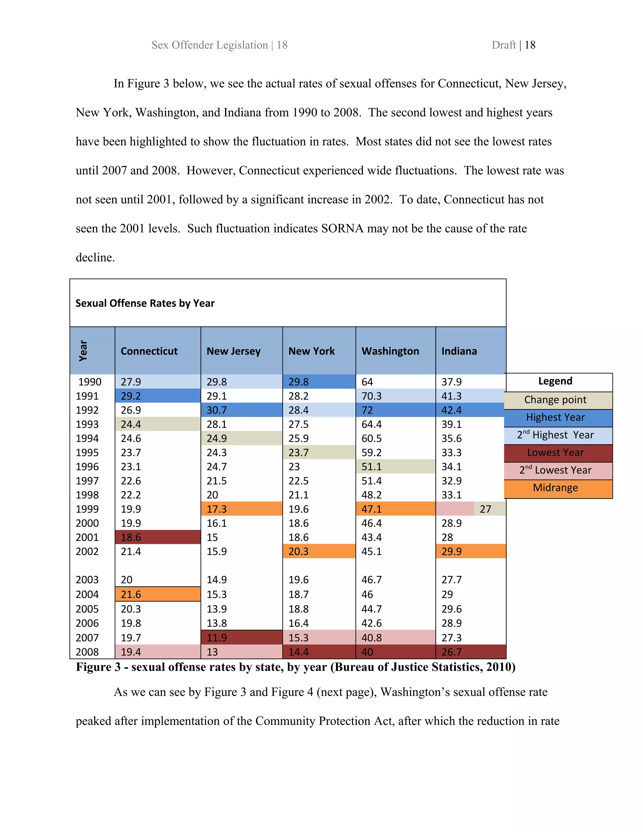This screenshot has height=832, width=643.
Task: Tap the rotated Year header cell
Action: (83, 351)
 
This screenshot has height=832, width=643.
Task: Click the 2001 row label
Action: (87, 537)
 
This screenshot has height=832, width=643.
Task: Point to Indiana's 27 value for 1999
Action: (485, 509)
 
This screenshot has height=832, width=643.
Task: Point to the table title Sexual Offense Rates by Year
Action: (145, 303)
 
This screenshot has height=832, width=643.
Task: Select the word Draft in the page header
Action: (503, 45)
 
